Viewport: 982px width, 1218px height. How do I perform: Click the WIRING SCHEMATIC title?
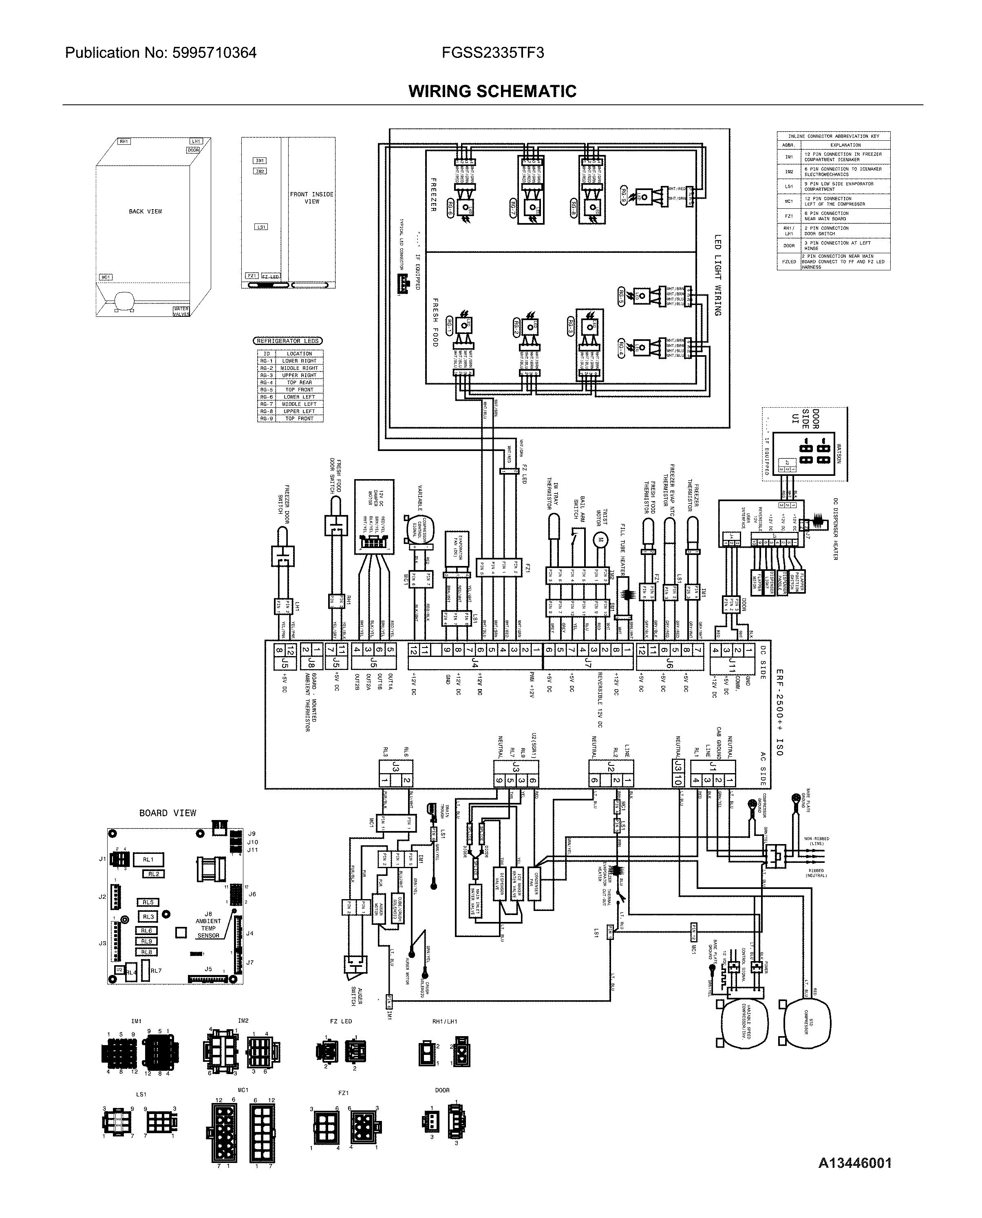[492, 91]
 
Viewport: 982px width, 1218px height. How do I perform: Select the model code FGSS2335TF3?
[493, 53]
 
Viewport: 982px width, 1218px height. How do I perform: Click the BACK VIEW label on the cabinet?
[146, 212]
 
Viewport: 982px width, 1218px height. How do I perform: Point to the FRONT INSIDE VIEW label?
[312, 197]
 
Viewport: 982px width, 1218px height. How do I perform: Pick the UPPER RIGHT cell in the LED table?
[299, 375]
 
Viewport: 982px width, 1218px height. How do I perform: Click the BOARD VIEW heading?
[168, 813]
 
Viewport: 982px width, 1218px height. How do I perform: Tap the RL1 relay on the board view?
[148, 859]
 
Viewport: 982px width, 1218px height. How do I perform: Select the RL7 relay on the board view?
[156, 971]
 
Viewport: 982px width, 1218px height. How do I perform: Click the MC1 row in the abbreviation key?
[788, 201]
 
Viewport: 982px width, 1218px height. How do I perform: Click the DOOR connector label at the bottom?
[442, 1090]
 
